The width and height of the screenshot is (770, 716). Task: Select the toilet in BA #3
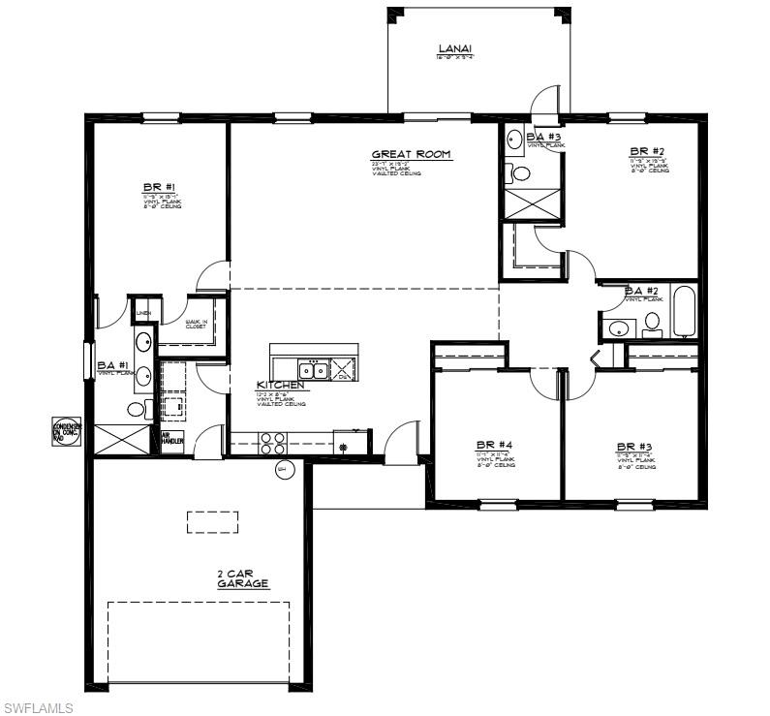pos(522,174)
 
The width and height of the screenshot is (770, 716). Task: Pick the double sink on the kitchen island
pos(312,369)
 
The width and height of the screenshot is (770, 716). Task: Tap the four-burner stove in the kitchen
pos(272,443)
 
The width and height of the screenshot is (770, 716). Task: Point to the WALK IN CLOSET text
pos(196,325)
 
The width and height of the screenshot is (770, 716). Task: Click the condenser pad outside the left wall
pos(67,430)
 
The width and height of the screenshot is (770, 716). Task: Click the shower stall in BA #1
pos(119,439)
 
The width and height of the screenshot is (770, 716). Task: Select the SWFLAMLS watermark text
pos(38,708)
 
